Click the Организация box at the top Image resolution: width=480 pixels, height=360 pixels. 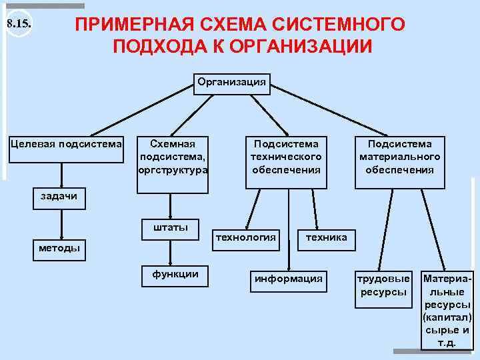[231, 83]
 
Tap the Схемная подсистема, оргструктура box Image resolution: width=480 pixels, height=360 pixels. [173, 157]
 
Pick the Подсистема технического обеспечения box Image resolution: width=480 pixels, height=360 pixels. [286, 157]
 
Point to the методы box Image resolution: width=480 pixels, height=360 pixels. [59, 248]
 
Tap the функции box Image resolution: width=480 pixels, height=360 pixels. [175, 274]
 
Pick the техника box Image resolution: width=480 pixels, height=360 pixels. [326, 237]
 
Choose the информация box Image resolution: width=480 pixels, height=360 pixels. [288, 279]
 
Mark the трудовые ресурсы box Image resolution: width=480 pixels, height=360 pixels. [384, 285]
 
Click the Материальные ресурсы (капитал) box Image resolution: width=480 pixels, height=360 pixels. [447, 310]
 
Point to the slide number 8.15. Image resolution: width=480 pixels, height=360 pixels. [19, 25]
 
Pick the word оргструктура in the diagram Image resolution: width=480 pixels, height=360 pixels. [173, 169]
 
